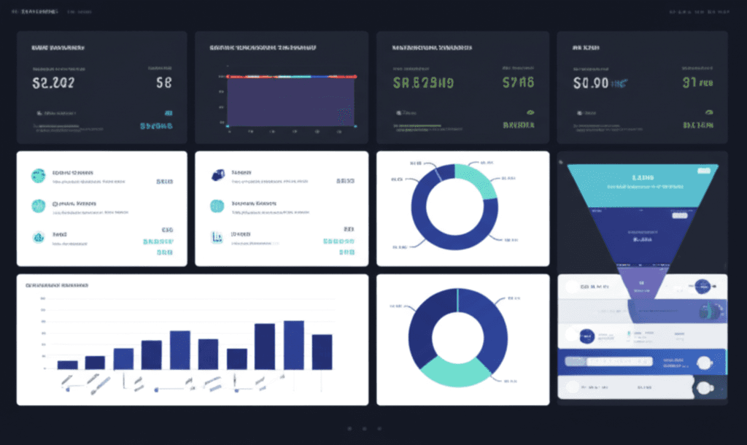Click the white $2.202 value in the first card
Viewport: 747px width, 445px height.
[53, 83]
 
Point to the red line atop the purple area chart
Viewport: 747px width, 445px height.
[292, 76]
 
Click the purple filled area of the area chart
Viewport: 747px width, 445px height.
[290, 102]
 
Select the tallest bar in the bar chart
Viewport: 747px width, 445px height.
[294, 344]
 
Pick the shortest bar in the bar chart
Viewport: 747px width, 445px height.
[67, 365]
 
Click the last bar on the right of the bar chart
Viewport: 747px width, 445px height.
[322, 352]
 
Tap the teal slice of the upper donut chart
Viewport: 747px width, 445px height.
[476, 178]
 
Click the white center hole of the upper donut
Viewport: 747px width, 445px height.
[454, 206]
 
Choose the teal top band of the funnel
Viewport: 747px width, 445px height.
[642, 184]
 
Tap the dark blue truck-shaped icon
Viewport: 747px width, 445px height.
[217, 175]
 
